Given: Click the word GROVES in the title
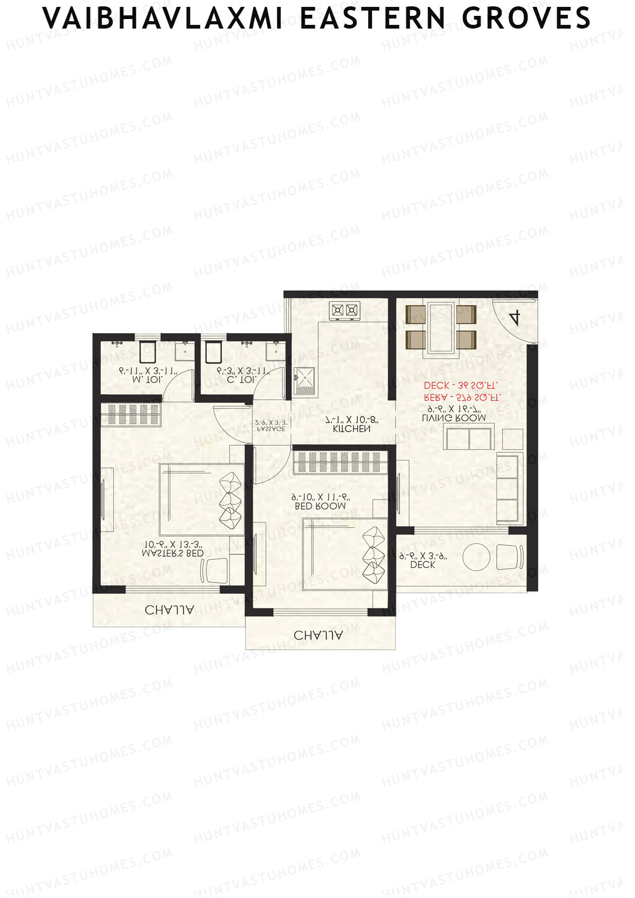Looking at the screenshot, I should (526, 19).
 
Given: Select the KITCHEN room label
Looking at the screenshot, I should (351, 429).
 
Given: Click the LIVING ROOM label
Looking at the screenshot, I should (454, 418).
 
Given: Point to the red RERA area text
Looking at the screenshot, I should (461, 397).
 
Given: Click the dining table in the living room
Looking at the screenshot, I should (441, 327).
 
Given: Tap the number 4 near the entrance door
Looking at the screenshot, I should (514, 318).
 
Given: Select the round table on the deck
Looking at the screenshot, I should (477, 557).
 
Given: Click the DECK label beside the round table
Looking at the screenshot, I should (422, 565).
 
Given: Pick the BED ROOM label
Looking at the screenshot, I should (320, 506).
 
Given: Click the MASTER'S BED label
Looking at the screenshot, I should (173, 554).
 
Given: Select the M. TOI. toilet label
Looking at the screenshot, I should (148, 379).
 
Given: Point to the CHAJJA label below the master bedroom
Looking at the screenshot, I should (169, 610).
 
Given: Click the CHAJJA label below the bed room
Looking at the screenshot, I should (318, 635).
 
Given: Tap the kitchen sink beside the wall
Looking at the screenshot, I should (305, 378).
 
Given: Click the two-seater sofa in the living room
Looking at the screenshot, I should (469, 439).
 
